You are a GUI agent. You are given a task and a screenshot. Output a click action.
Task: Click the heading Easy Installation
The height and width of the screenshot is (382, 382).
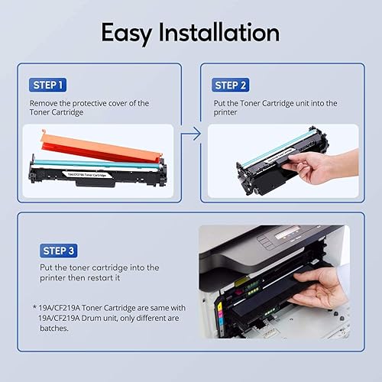pos(190,33)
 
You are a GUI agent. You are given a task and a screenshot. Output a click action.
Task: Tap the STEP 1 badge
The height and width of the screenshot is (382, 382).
pos(47,85)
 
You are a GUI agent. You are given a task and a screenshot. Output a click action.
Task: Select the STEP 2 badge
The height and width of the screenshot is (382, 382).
pos(231,85)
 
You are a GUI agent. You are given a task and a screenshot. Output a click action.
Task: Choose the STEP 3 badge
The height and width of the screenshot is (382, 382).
pos(57,249)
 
